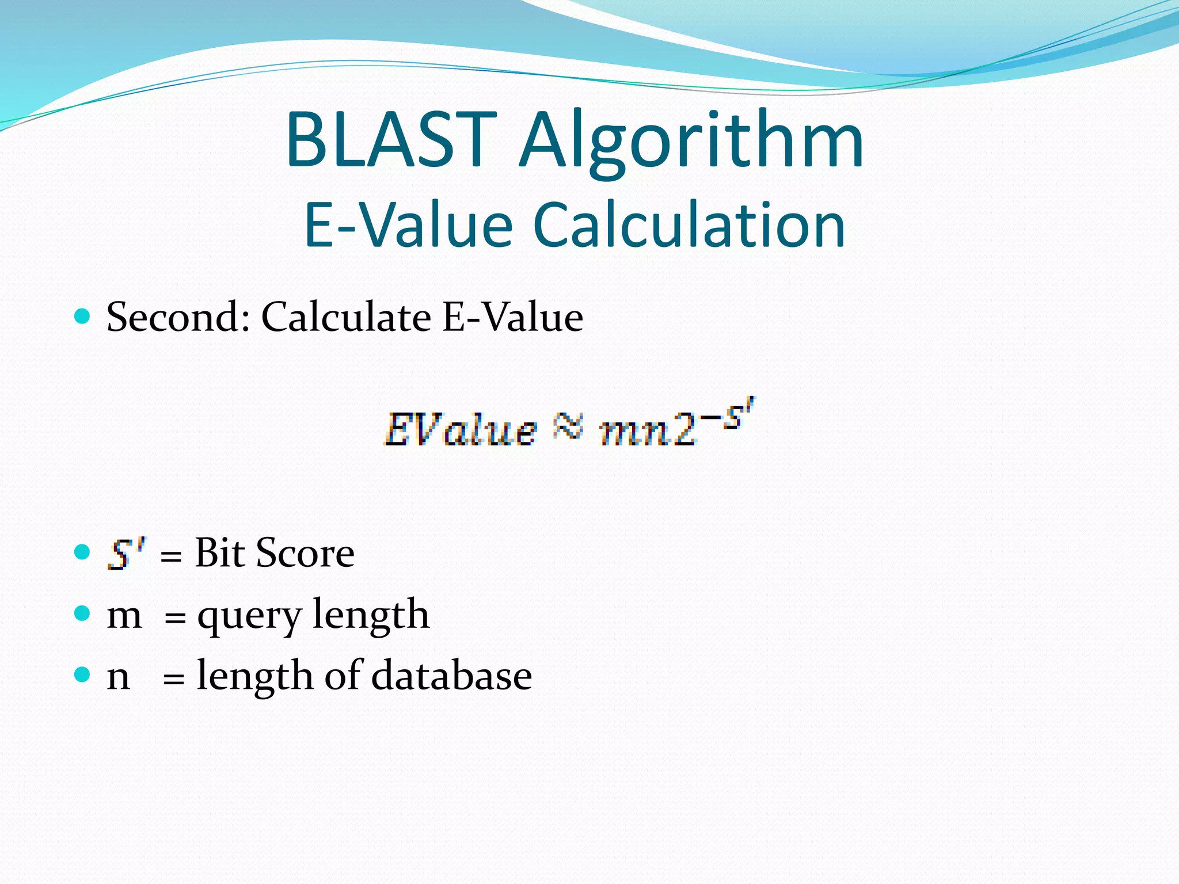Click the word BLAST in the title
click(x=391, y=140)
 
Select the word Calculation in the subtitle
click(x=689, y=225)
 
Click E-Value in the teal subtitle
click(x=408, y=225)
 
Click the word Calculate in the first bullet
click(x=346, y=317)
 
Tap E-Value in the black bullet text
click(x=512, y=317)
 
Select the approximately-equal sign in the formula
click(x=568, y=428)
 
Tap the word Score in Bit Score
click(x=305, y=553)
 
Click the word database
click(x=451, y=676)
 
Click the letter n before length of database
click(x=118, y=677)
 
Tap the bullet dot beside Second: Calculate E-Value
click(x=83, y=316)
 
